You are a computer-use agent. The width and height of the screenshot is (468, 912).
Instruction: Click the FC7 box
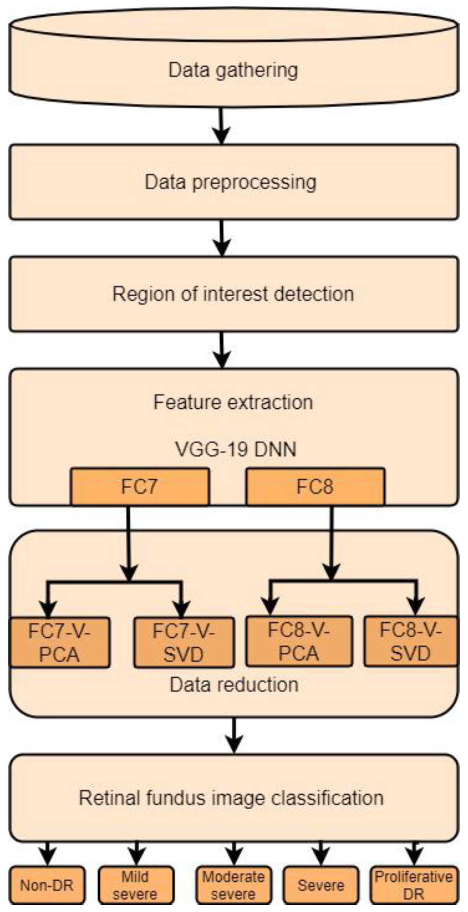[x=140, y=486]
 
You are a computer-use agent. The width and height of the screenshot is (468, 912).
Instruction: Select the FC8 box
[x=315, y=486]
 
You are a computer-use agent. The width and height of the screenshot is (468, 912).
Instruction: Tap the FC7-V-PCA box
[x=59, y=642]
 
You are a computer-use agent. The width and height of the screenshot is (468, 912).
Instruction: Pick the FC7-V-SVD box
[x=184, y=642]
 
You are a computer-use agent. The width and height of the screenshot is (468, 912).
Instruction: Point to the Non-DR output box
[x=47, y=885]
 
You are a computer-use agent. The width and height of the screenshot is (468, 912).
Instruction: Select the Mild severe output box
[x=136, y=885]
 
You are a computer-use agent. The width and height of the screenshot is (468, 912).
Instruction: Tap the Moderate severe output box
[x=233, y=885]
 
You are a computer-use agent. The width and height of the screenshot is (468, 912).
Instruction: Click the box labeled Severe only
[x=321, y=885]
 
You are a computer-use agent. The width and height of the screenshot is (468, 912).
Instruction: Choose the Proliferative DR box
[x=414, y=885]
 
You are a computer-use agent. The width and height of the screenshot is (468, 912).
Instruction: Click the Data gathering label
[x=233, y=70]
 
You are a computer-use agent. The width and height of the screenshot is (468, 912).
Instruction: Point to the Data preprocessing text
[x=231, y=182]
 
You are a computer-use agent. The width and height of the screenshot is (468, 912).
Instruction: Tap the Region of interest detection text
[x=233, y=294]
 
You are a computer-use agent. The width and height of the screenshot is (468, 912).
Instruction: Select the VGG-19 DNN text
[x=236, y=449]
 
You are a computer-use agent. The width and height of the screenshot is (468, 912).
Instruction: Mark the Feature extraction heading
[x=233, y=402]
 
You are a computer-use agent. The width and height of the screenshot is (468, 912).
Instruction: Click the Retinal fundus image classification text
[x=231, y=798]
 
